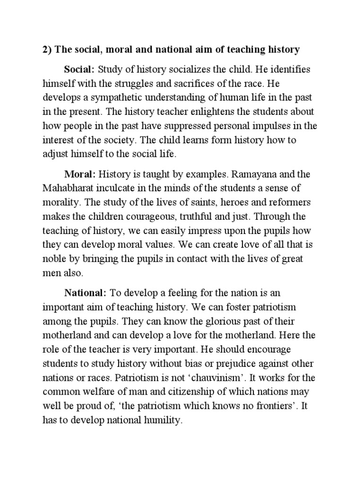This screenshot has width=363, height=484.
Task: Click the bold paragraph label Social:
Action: click(79, 69)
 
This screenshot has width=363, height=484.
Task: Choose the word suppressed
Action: click(183, 126)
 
